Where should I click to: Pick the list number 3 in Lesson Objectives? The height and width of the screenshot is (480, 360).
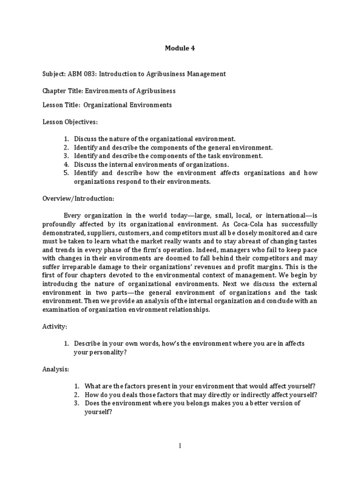(67, 156)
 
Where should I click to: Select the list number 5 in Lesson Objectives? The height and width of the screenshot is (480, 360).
(67, 173)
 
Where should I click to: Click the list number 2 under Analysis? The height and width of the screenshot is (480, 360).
(76, 395)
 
